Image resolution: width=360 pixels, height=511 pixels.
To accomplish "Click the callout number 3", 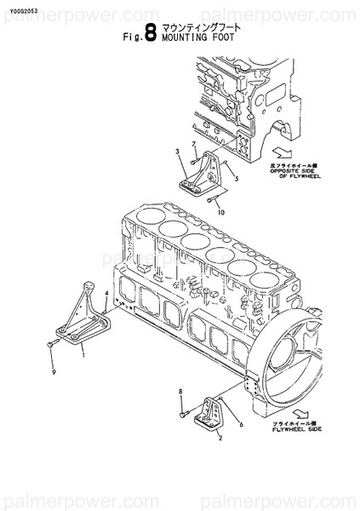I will pyautogui.click(x=177, y=152).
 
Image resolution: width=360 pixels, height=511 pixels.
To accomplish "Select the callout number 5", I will pyautogui.click(x=236, y=180).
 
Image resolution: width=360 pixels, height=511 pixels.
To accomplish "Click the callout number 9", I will pyautogui.click(x=53, y=372).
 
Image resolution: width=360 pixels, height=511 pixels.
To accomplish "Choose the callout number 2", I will pyautogui.click(x=220, y=439).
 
